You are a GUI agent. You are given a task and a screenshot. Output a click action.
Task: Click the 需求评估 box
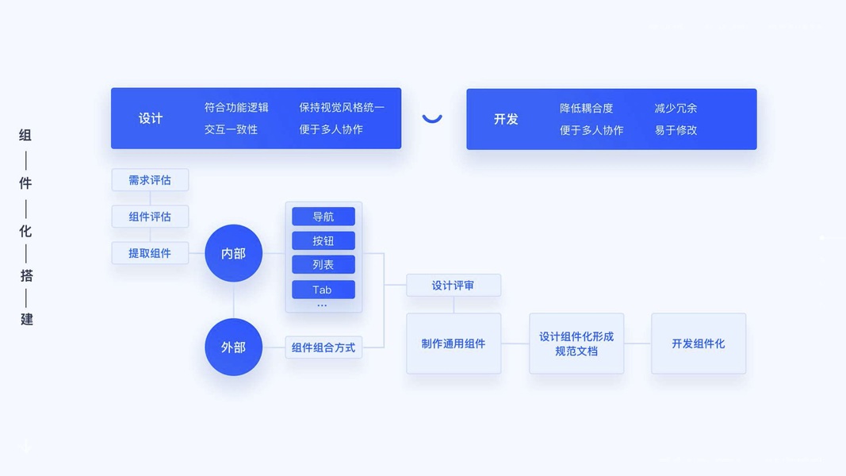(150, 180)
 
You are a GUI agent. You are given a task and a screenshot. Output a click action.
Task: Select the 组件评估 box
(150, 217)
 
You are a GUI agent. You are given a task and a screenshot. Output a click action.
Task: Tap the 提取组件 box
(150, 253)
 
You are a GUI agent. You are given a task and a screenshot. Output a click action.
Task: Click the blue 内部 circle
(233, 253)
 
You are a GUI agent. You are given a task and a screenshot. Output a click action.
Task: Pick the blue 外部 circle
(233, 347)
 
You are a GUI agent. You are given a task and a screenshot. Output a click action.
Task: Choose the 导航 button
(323, 217)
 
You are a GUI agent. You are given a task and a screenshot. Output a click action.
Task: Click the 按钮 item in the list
(323, 240)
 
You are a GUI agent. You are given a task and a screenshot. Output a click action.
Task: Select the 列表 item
(323, 264)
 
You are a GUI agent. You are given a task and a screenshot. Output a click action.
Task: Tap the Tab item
(323, 290)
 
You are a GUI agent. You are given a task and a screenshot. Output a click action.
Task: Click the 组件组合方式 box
(323, 347)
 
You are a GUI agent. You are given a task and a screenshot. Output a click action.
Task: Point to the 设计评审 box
(454, 286)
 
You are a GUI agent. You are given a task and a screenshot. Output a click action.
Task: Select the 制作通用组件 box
(454, 344)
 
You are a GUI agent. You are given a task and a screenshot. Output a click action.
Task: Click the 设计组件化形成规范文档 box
(576, 344)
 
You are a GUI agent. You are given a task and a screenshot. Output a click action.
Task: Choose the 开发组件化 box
(699, 344)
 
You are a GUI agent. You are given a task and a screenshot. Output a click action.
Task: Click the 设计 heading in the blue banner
(151, 118)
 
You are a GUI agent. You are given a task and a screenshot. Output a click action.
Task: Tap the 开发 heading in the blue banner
(506, 119)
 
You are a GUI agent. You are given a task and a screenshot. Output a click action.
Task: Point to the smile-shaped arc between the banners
(432, 119)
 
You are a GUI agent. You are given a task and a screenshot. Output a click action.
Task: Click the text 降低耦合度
(587, 108)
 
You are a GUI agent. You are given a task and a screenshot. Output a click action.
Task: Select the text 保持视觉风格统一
(342, 107)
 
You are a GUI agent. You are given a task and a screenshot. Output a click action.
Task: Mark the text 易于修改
(676, 130)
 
